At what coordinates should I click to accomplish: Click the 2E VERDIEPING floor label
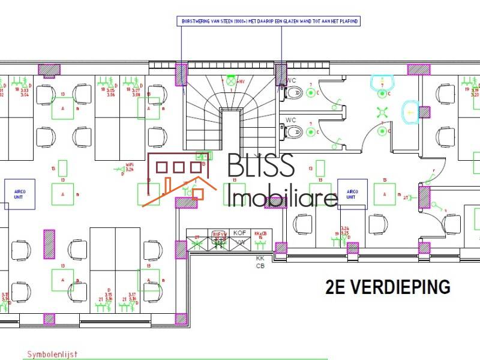pyautogui.click(x=388, y=287)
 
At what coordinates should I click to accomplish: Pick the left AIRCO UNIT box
pyautogui.click(x=20, y=193)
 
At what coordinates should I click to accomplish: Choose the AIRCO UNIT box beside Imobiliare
pyautogui.click(x=351, y=193)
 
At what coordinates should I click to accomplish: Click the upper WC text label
pyautogui.click(x=292, y=80)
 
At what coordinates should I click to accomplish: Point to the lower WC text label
pyautogui.click(x=292, y=119)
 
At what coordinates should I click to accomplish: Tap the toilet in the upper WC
pyautogui.click(x=293, y=93)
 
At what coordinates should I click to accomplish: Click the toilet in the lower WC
pyautogui.click(x=293, y=130)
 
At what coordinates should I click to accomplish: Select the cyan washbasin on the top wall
pyautogui.click(x=382, y=82)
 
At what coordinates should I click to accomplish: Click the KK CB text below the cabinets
pyautogui.click(x=260, y=262)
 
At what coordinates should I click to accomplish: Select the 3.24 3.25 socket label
pyautogui.click(x=344, y=231)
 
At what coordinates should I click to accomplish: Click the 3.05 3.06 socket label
pyautogui.click(x=111, y=92)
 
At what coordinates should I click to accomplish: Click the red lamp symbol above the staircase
pyautogui.click(x=230, y=80)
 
